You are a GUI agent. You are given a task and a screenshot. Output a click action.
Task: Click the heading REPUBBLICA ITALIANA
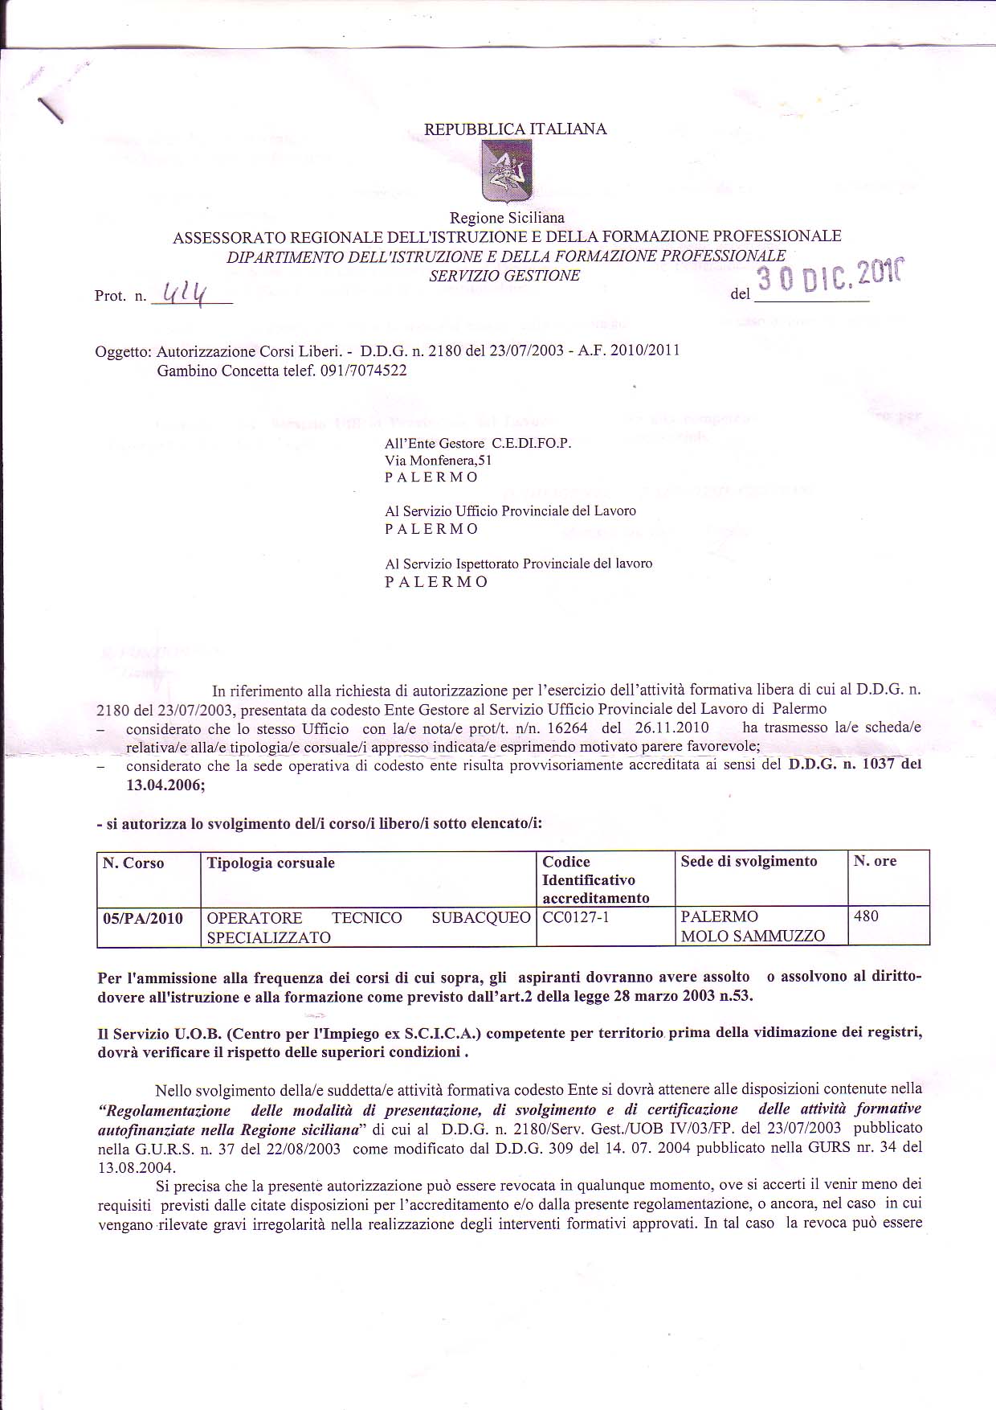pos(515,129)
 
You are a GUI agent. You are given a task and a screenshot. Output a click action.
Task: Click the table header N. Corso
pos(133,863)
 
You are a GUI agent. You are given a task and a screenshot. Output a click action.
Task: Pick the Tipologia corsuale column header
pos(271,863)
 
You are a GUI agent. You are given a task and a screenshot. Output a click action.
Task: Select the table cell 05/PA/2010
pos(143,918)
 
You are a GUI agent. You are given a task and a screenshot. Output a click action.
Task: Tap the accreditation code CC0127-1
pos(576,917)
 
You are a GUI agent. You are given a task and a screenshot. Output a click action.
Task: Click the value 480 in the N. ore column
pos(866,916)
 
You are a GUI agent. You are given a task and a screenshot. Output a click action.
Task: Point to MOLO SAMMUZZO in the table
pos(753,937)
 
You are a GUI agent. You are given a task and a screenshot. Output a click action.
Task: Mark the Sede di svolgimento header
pos(749,862)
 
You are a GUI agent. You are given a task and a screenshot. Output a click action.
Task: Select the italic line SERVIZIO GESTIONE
pos(504,275)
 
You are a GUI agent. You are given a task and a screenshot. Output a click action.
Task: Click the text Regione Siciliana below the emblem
pos(507,218)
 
